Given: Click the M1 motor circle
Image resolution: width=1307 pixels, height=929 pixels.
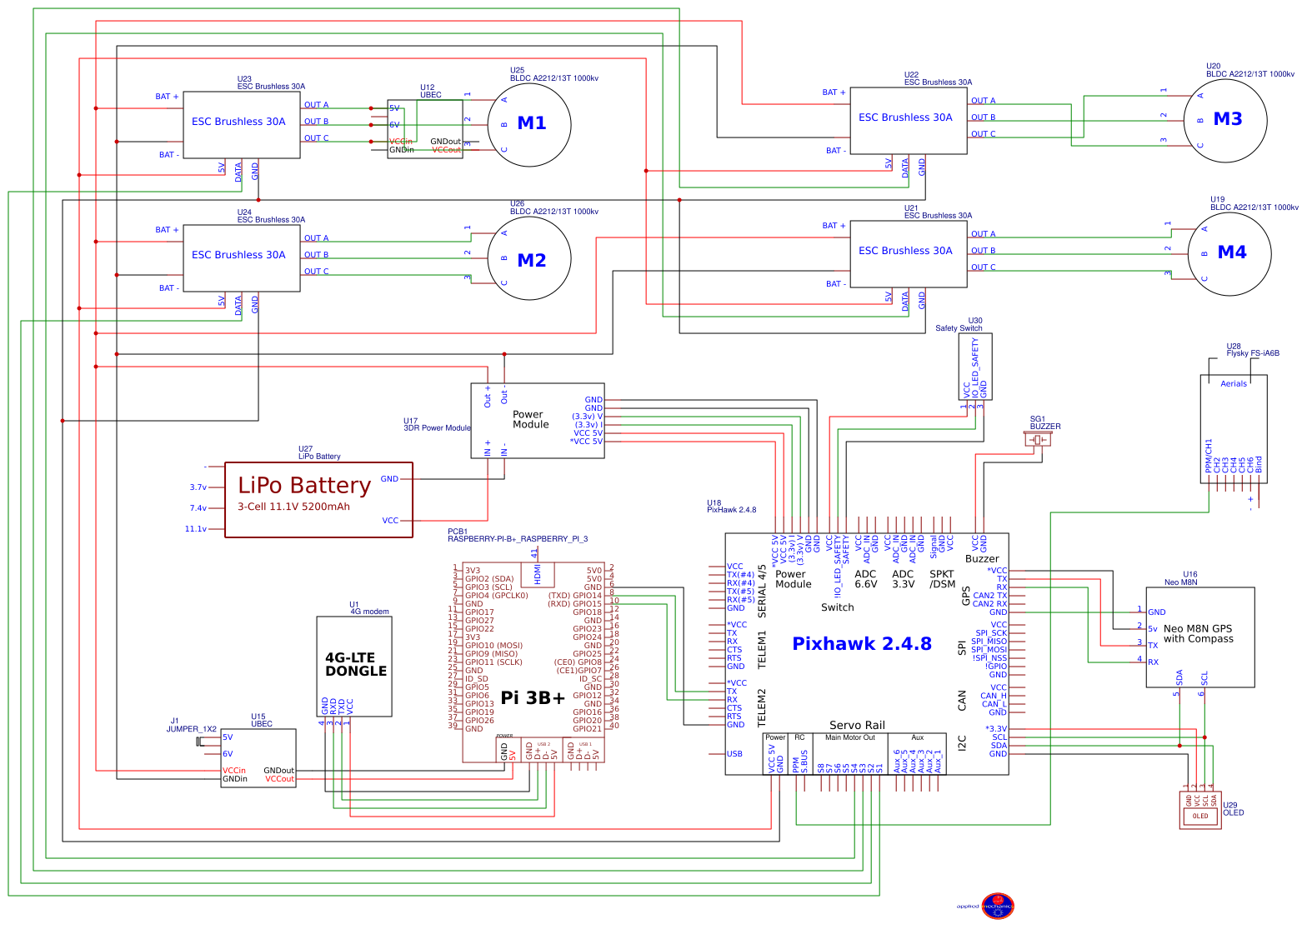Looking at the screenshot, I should [529, 124].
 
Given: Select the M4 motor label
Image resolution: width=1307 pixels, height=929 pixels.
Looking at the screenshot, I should [1231, 252].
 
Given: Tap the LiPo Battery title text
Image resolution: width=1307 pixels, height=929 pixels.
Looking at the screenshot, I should [304, 485].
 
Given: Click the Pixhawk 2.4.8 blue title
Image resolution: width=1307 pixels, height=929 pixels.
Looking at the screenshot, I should [861, 643].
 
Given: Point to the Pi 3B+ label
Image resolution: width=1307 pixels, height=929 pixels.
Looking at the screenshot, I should [533, 698].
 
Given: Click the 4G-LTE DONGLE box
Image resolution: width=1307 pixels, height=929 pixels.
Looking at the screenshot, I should [354, 666].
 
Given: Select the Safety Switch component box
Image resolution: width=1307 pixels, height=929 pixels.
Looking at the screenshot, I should [975, 367].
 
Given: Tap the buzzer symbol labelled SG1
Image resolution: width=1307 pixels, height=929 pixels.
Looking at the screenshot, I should [1038, 439].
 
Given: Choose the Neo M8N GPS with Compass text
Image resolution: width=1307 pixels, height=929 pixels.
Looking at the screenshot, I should [1198, 634].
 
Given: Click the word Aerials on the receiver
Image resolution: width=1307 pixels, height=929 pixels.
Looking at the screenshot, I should [1234, 384].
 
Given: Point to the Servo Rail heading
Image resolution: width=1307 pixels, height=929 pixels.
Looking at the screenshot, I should [857, 725].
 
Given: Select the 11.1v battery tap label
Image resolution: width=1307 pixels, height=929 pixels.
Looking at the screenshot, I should [196, 529].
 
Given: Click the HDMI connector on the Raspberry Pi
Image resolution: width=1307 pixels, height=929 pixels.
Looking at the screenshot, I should [537, 573].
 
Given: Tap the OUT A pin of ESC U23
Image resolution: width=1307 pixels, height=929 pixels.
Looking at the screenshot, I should [316, 105].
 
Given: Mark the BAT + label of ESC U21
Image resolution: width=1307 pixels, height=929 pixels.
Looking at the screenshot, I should [834, 226].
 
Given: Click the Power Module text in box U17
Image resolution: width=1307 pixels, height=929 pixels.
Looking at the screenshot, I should [530, 419].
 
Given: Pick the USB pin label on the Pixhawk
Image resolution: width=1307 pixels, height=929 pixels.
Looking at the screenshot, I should [734, 754].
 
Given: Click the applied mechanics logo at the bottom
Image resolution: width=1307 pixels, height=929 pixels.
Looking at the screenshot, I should [997, 906].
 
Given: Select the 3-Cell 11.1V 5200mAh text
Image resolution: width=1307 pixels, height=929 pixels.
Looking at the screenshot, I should [293, 507].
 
